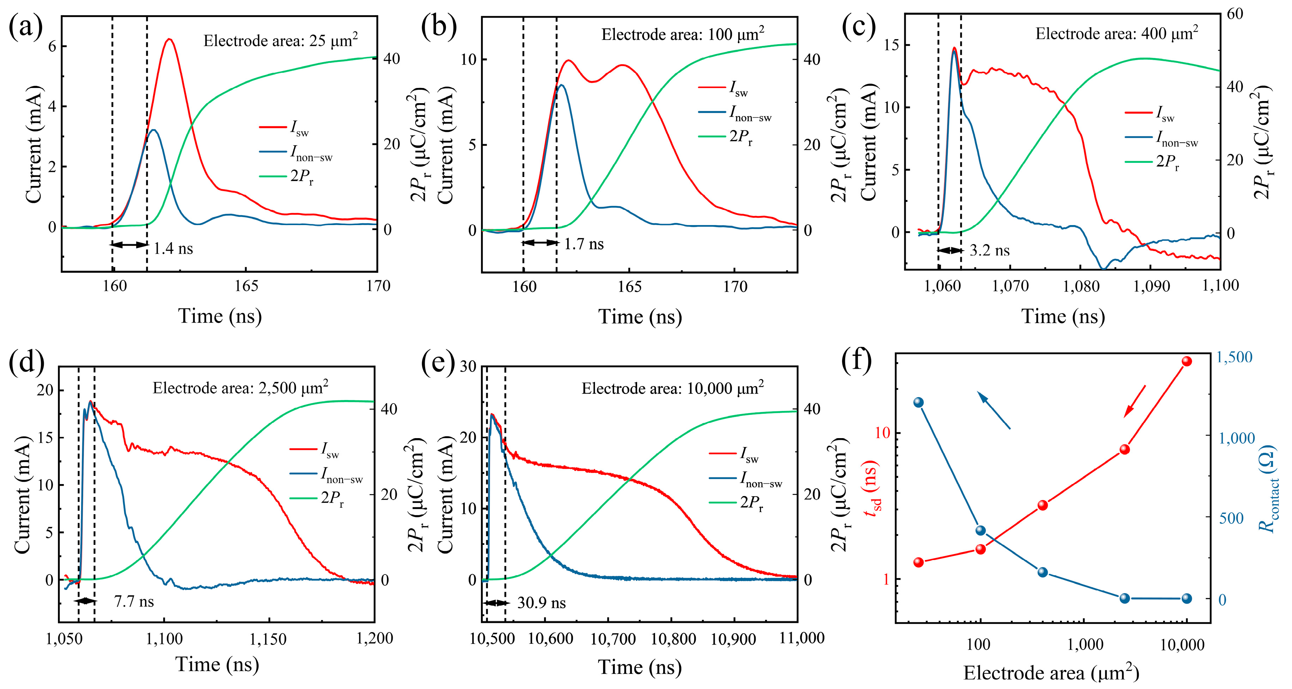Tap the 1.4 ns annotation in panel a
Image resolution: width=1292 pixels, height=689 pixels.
point(173,248)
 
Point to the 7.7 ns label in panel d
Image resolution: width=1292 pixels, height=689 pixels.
point(134,601)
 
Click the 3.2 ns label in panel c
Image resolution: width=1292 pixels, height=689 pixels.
point(989,251)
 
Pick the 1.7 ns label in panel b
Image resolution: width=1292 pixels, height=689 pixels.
point(584,244)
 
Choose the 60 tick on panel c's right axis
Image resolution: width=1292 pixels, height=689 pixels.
point(1235,14)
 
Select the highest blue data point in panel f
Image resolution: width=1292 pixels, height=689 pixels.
point(919,402)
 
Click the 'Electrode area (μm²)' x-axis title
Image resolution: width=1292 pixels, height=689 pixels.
point(1051,672)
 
